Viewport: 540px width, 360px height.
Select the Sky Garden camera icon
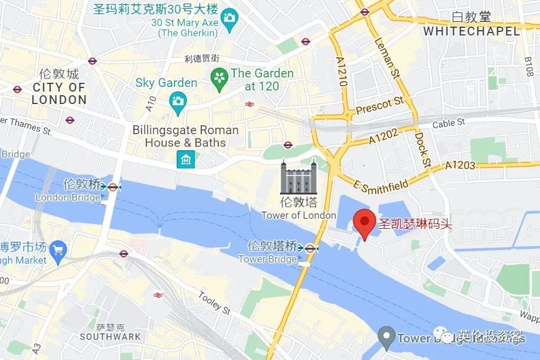[x=177, y=102]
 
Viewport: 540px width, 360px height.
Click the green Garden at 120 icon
[x=220, y=79]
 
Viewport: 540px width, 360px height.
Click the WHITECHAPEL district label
[x=472, y=31]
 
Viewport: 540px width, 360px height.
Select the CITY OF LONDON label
[x=59, y=93]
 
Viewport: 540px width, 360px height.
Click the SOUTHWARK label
[x=110, y=336]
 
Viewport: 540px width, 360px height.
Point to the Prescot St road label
[x=380, y=106]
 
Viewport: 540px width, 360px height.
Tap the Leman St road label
[x=388, y=58]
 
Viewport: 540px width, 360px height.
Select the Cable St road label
[x=448, y=124]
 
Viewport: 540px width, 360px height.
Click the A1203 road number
[x=460, y=165]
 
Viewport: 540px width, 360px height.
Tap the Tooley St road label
[x=214, y=302]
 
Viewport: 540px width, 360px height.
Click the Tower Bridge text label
[x=268, y=259]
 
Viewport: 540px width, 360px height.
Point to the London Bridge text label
[x=68, y=197]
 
